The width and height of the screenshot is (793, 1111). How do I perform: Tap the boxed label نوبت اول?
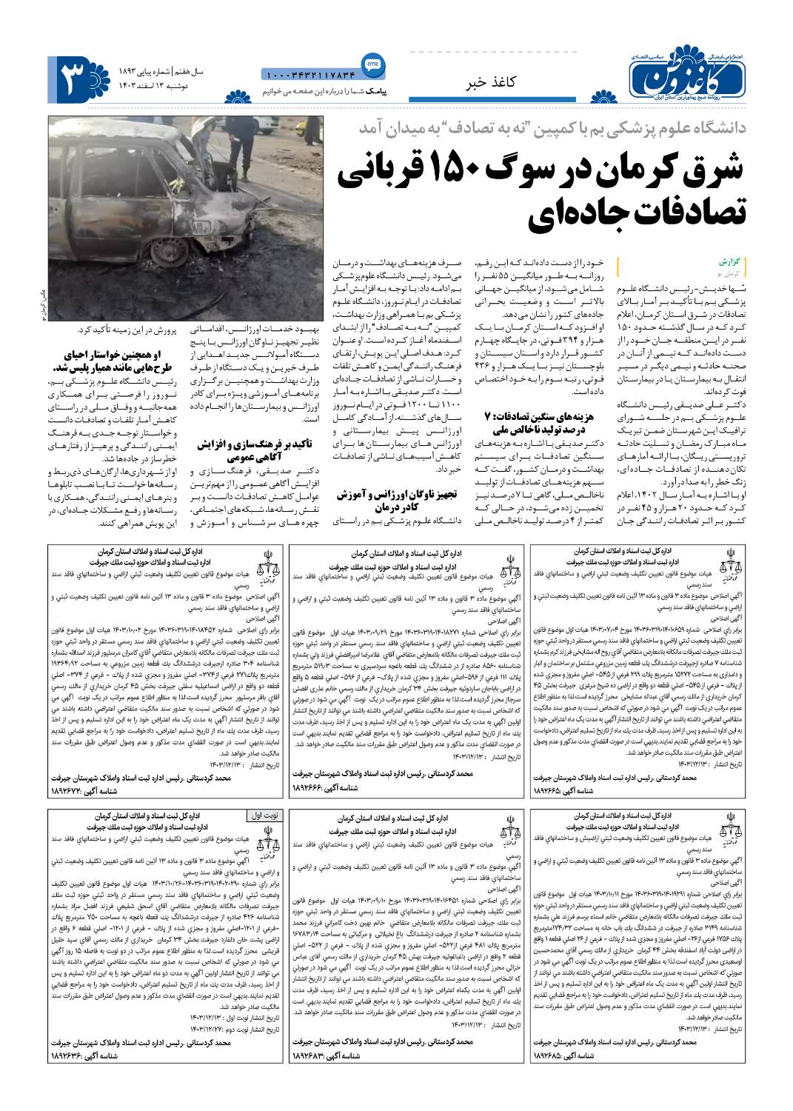coord(263,815)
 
